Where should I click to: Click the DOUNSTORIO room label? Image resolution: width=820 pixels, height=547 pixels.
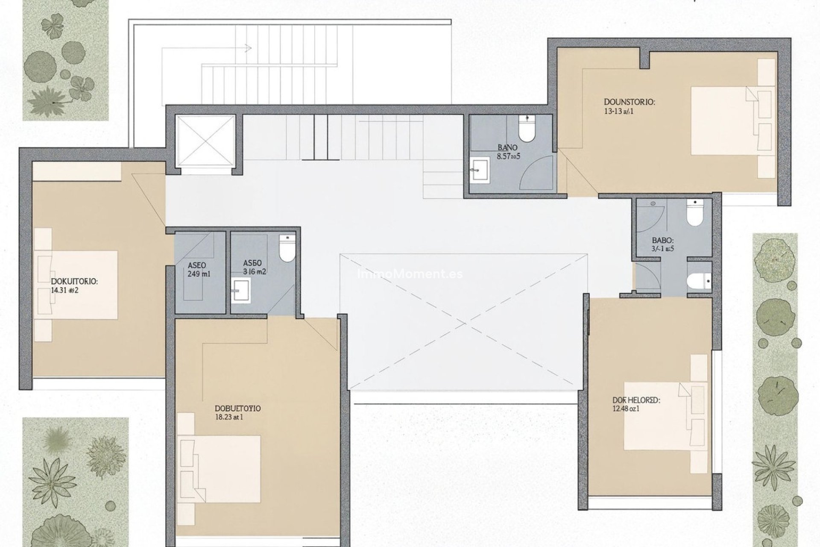(x=629, y=102)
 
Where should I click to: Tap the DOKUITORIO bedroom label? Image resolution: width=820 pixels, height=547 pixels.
(x=74, y=282)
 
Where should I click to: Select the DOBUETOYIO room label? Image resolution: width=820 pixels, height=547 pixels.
(x=238, y=409)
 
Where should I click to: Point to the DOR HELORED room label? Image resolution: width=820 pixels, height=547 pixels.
(x=636, y=400)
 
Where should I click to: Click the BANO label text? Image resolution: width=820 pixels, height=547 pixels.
(x=507, y=148)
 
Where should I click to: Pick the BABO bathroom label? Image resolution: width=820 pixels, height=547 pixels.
(x=662, y=241)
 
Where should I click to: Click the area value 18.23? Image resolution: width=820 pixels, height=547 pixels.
(x=224, y=417)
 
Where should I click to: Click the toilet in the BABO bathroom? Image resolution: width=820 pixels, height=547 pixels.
(x=694, y=214)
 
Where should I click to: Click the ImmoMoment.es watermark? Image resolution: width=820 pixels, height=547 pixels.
(x=410, y=273)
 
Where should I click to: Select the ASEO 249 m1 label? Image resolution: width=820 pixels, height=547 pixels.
(x=199, y=270)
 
